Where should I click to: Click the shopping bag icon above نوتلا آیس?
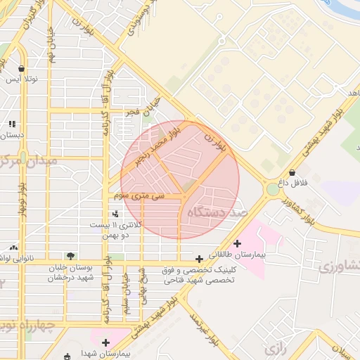point(22,68)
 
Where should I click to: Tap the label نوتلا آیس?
point(22,79)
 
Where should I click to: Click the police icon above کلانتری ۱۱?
point(115,213)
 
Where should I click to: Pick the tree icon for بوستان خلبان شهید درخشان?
point(70,256)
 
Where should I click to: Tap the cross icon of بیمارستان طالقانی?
point(237,243)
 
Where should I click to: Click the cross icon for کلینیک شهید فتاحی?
point(200,259)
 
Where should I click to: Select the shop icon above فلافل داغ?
point(292,172)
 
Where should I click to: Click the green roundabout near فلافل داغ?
point(273,189)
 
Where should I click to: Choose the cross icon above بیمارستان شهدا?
point(105,342)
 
